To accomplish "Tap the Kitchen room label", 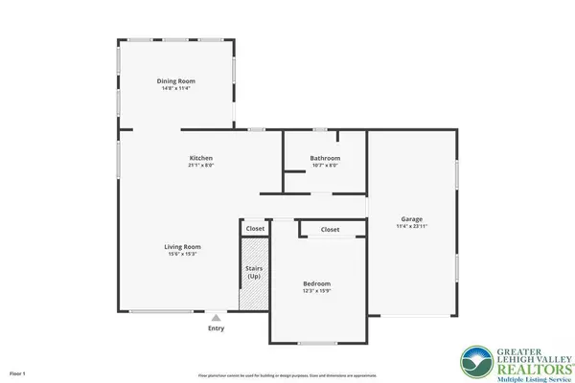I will coord(200,158).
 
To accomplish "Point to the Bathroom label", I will coord(325,158).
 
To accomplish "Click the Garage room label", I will coord(412,219).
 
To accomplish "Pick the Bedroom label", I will coord(316,283).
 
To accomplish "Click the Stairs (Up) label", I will coord(255,269).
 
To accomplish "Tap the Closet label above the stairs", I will coord(256,229).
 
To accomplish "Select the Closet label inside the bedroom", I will coord(330,230).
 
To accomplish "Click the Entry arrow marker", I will coord(217,317).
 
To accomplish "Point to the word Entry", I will coord(217,327).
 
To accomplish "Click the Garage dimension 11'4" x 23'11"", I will coord(412,227).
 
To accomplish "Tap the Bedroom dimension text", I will coord(316,291).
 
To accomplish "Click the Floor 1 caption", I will coord(17,372).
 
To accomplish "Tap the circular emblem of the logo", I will coord(476,361).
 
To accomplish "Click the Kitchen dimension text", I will coord(200,166).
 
